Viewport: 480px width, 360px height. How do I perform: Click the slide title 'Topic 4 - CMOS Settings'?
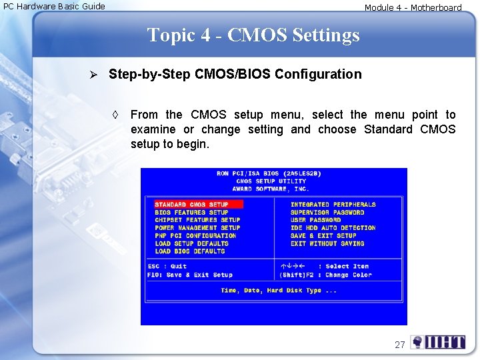253,35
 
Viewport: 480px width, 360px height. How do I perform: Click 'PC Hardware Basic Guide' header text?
55,7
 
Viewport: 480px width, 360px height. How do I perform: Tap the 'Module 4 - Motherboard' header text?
413,8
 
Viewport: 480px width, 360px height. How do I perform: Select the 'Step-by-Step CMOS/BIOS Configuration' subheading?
235,74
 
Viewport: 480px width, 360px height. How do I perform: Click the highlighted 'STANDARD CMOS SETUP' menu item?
192,205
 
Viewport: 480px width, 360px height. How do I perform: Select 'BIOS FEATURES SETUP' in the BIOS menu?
191,213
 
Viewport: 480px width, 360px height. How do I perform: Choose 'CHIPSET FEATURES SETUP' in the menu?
197,220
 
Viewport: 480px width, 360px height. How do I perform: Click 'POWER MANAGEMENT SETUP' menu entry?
197,228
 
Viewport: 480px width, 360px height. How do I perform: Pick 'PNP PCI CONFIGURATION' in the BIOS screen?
195,236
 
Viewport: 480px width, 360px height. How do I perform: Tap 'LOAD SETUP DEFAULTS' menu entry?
191,244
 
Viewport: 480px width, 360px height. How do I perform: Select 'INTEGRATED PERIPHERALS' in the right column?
333,205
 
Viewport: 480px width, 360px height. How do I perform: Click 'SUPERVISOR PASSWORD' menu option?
327,213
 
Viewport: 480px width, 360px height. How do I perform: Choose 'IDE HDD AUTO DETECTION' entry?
333,228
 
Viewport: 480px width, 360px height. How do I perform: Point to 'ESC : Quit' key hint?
167,267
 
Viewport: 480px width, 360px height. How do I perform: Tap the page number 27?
400,345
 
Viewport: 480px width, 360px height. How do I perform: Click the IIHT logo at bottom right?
438,343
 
